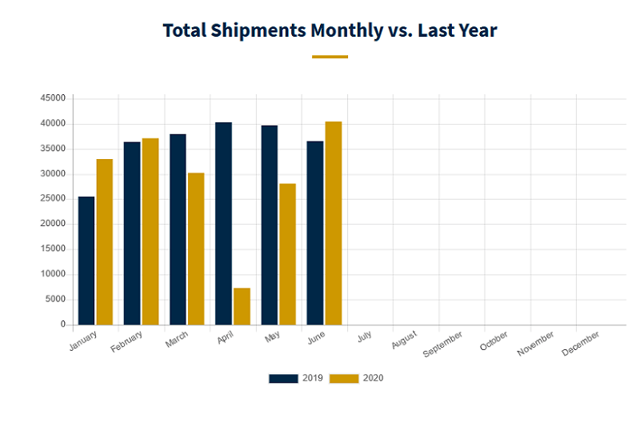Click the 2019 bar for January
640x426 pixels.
[x=86, y=261]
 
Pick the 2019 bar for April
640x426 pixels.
[x=223, y=224]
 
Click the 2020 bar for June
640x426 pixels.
[x=334, y=223]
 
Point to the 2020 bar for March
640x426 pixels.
[x=196, y=249]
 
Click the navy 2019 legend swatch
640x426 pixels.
[x=283, y=378]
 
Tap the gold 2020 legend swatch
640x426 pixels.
[x=344, y=378]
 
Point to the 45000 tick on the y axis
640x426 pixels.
[x=53, y=98]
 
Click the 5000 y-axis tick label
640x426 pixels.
[x=55, y=300]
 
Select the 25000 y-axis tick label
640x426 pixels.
[x=53, y=199]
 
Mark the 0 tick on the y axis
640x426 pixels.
[x=62, y=324]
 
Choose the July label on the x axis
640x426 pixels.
[x=364, y=337]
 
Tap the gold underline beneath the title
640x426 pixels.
[x=330, y=57]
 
